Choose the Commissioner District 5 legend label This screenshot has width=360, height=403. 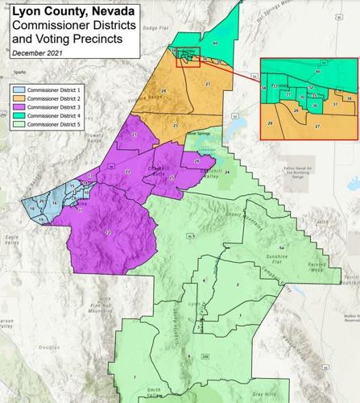[x=57, y=125]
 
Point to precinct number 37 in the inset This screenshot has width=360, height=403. [x=335, y=105]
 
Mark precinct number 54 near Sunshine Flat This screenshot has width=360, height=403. [x=281, y=247]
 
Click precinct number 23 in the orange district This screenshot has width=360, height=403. [x=176, y=127]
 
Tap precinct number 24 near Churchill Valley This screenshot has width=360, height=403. [x=227, y=172]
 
